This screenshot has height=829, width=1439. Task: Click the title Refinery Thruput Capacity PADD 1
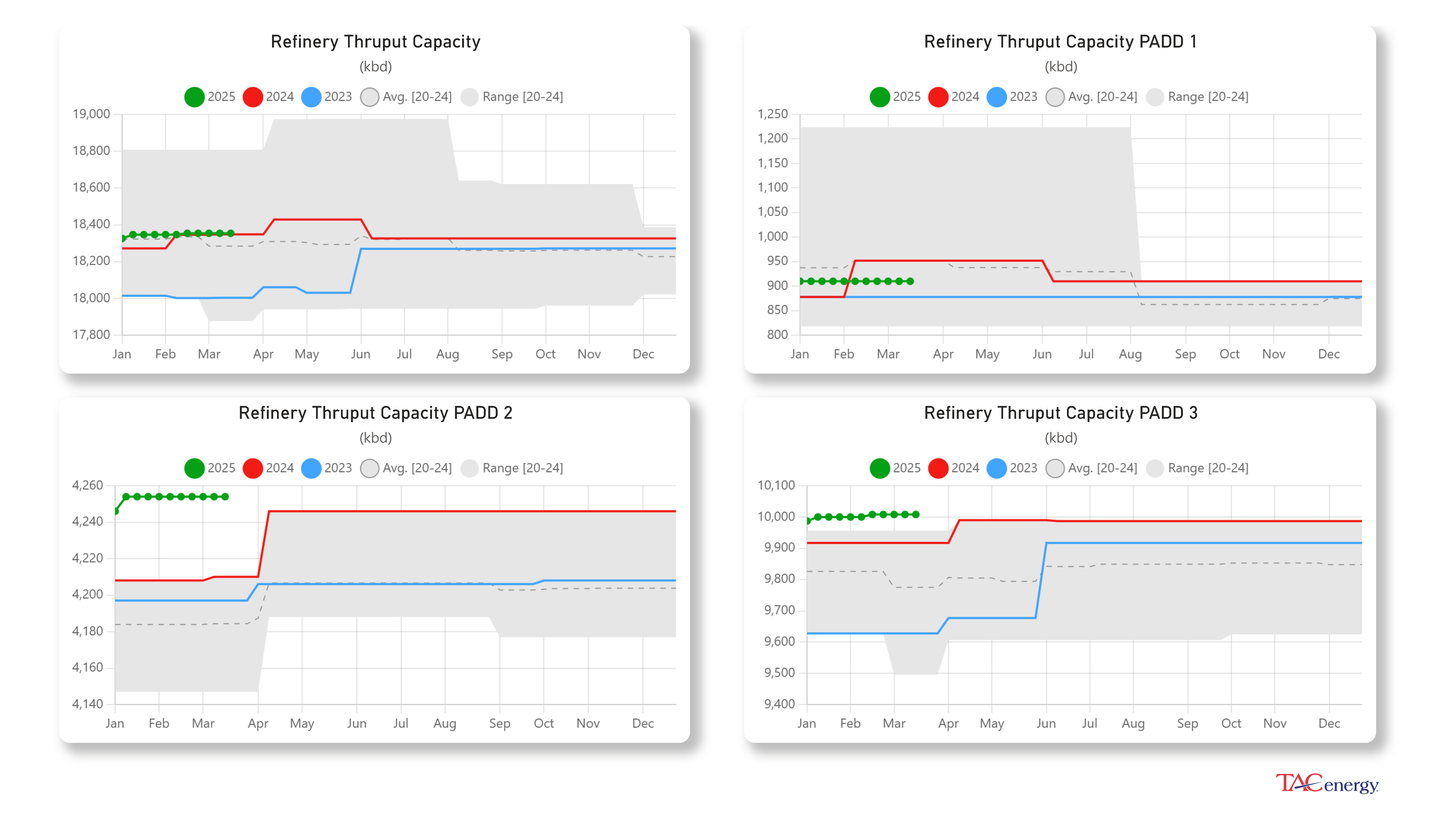(x=1060, y=42)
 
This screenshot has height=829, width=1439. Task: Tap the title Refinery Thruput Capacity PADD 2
(x=375, y=413)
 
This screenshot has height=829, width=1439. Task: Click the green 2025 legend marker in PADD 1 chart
(x=880, y=97)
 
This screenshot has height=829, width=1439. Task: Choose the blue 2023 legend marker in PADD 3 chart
(x=996, y=468)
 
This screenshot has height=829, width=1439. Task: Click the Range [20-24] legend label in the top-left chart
(x=523, y=97)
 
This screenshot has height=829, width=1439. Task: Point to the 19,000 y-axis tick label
(x=91, y=114)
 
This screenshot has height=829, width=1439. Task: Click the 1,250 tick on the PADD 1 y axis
(x=772, y=114)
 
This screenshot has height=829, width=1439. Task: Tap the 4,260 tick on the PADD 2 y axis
(x=88, y=485)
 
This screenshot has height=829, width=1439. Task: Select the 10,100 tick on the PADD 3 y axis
(x=776, y=485)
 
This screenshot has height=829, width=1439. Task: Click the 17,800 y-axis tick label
(x=91, y=334)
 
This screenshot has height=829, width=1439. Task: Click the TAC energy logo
(x=1327, y=784)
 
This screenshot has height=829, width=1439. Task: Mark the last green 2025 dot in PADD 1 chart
(x=911, y=281)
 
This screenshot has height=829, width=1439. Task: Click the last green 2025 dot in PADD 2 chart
(x=226, y=496)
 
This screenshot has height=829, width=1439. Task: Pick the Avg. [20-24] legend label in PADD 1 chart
(x=1102, y=97)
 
